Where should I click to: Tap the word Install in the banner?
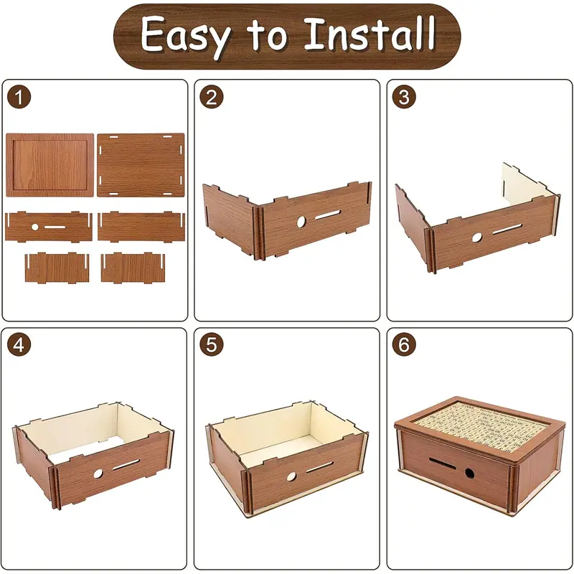(x=370, y=34)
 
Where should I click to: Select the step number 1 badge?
(x=19, y=97)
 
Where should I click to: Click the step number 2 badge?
(x=211, y=97)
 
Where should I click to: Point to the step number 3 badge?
(x=404, y=97)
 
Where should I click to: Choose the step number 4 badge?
(x=19, y=344)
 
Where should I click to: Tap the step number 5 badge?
(x=211, y=344)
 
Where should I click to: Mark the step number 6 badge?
(x=404, y=344)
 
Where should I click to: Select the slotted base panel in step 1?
(x=141, y=165)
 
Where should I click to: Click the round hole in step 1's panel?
(x=34, y=227)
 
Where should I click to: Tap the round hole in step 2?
(x=301, y=222)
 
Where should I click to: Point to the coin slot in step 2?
(x=328, y=215)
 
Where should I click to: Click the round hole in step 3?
(x=477, y=237)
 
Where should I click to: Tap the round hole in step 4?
(x=98, y=474)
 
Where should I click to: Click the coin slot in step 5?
(x=320, y=467)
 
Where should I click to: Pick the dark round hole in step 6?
(x=470, y=474)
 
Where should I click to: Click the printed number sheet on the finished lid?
(x=481, y=423)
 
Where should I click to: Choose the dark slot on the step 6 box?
(x=442, y=463)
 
